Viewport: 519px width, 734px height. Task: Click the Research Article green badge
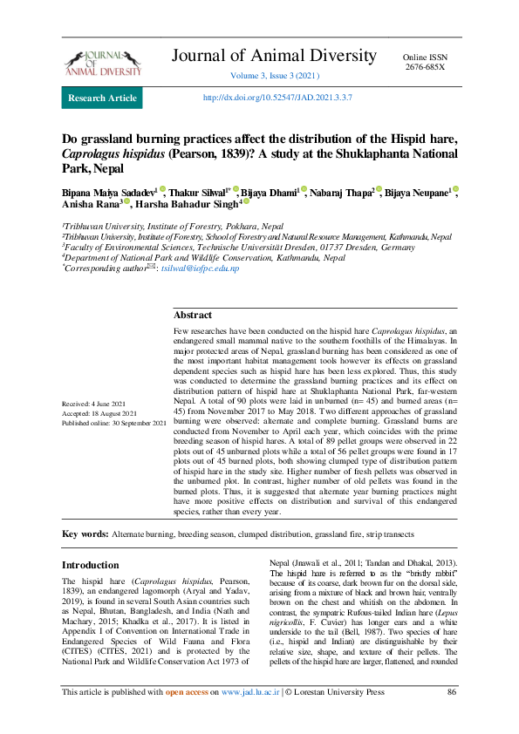click(x=102, y=98)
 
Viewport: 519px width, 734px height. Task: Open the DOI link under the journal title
click(x=277, y=98)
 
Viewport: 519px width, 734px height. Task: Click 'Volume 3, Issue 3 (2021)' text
click(x=276, y=77)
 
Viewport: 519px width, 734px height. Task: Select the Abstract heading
click(x=192, y=315)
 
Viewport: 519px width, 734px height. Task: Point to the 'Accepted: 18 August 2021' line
click(x=99, y=413)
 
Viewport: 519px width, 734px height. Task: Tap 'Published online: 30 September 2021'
click(x=113, y=422)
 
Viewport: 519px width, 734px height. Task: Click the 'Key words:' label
click(x=85, y=534)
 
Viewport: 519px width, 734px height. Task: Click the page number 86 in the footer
click(x=452, y=717)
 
